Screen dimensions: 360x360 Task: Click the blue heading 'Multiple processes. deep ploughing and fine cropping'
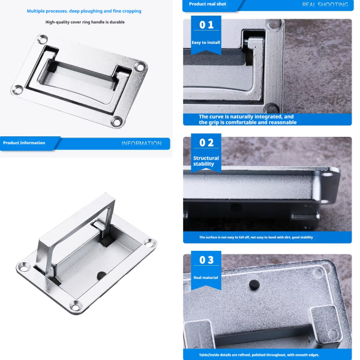coord(84,11)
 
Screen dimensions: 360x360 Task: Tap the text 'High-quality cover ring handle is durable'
coord(85,22)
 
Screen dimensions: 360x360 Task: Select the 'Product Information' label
coord(24,143)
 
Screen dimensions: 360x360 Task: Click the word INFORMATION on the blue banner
coord(142,144)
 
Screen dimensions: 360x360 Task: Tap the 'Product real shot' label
coord(208,4)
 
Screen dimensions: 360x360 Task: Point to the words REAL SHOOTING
coord(325,5)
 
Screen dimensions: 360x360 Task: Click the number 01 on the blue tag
coord(206,25)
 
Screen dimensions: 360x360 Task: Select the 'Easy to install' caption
coord(206,43)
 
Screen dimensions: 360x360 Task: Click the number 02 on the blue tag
coord(206,143)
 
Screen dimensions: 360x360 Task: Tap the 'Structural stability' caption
coord(206,161)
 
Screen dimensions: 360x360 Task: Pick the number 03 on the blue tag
coord(206,260)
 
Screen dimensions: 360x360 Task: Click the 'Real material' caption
coord(206,278)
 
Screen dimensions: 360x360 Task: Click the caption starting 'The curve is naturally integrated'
coord(248,119)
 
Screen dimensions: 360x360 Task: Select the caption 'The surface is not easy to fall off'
coord(256,237)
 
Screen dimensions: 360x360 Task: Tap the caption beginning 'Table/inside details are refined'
coord(259,355)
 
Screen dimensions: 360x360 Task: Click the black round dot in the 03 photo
coord(254,285)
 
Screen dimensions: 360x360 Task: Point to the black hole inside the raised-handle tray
coord(101,275)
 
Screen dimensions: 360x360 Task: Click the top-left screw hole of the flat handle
coord(43,40)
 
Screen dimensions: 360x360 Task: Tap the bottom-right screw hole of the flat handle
coord(117,122)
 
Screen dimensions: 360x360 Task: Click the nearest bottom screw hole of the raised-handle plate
coord(76,306)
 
